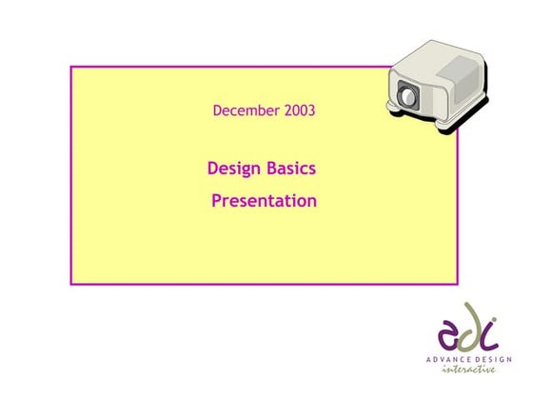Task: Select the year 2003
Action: click(299, 111)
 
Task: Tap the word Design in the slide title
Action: click(232, 170)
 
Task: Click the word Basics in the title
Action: click(290, 170)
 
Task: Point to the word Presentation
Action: click(264, 201)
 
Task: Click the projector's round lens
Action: click(408, 96)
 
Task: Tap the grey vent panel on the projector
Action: click(463, 69)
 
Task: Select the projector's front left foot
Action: click(393, 116)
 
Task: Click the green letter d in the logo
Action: click(470, 327)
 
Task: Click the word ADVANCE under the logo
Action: click(447, 359)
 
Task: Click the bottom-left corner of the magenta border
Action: click(71, 283)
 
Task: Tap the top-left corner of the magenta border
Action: click(71, 67)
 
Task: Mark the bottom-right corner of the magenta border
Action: click(457, 283)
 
